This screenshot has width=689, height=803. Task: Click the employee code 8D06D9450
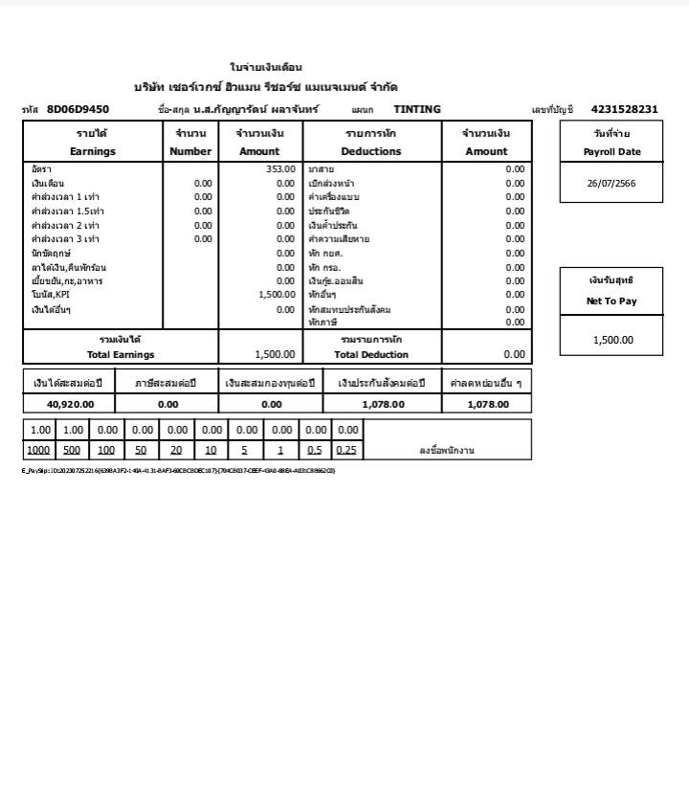[x=78, y=109]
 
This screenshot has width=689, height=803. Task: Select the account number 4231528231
[x=624, y=109]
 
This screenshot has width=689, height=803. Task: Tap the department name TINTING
[x=417, y=109]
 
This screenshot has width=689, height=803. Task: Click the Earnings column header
[x=93, y=151]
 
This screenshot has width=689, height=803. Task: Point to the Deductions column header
[x=371, y=151]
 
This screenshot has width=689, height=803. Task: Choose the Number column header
[x=190, y=151]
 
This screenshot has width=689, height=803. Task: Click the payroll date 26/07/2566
[x=611, y=183]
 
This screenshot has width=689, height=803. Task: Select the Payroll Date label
[x=611, y=152]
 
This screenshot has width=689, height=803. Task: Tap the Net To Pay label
[x=611, y=301]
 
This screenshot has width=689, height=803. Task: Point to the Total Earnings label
[x=121, y=355]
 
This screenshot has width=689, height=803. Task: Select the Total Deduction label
[x=371, y=355]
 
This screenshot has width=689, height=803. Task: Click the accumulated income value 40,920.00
[x=70, y=405]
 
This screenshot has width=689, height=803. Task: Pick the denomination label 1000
[x=39, y=450]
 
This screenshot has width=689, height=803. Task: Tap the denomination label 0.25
[x=346, y=450]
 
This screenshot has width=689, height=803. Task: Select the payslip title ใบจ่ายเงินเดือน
[x=266, y=67]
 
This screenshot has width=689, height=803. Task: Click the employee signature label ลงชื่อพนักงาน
[x=447, y=450]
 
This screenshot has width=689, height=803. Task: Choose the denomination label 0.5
[x=314, y=450]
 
